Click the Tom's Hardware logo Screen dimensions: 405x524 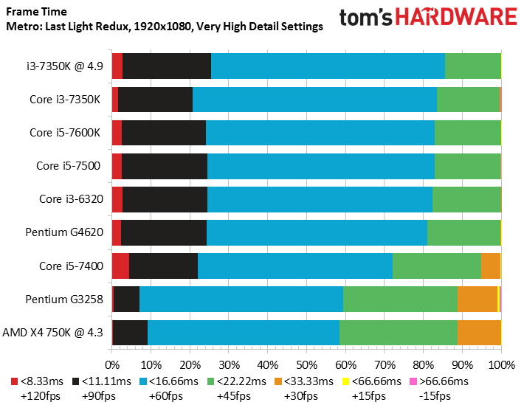click(427, 18)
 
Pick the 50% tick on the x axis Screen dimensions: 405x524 click(306, 364)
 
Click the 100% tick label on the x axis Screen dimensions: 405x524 click(501, 364)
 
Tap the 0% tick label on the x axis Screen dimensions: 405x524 click(112, 364)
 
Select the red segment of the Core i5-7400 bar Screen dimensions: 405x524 click(120, 266)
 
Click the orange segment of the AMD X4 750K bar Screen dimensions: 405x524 click(479, 332)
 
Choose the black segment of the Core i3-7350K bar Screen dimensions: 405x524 click(155, 99)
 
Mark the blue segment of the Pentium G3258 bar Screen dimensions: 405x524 click(241, 299)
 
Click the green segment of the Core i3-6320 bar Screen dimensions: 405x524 click(466, 199)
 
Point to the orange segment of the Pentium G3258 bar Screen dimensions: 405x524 click(477, 299)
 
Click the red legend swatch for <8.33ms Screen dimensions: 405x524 click(15, 381)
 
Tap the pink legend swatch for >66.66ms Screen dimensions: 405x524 click(414, 381)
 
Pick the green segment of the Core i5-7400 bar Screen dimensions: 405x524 click(436, 266)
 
